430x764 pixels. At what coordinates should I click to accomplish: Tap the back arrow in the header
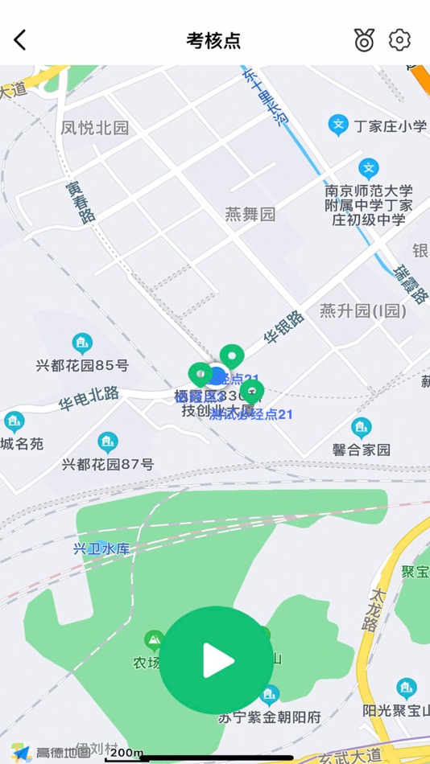point(20,39)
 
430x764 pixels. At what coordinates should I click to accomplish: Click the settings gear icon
point(399,39)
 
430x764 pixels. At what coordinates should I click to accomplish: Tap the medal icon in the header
point(365,39)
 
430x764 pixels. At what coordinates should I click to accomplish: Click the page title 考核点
point(214,40)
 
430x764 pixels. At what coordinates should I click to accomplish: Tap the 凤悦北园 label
point(95,128)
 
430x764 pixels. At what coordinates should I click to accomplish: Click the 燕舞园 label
point(250,214)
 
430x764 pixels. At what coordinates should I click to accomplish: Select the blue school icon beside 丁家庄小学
point(338,125)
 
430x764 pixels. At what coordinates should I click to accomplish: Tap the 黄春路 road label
point(81,201)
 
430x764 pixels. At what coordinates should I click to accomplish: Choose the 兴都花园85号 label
point(82,365)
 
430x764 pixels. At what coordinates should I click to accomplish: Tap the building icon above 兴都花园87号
point(107,442)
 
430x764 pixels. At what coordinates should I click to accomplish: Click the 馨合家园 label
point(361,450)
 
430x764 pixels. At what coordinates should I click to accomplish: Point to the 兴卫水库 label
point(101,548)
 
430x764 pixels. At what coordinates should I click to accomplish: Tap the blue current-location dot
point(217,375)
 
